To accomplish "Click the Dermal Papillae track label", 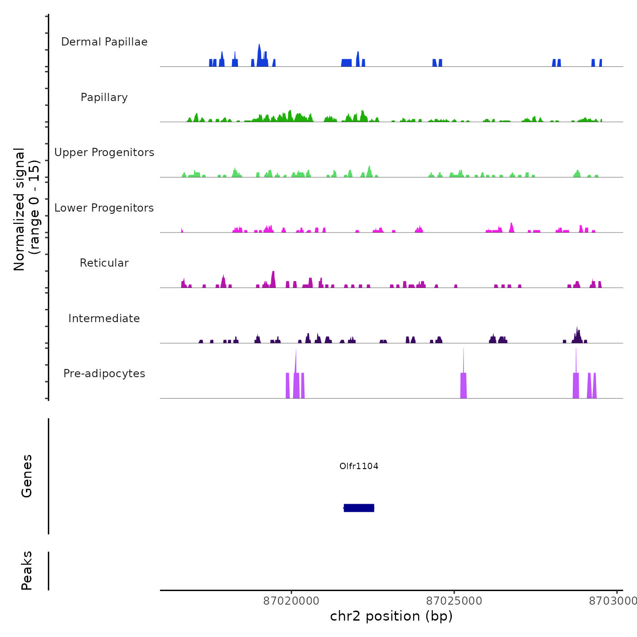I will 104,42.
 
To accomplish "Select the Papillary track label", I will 104,97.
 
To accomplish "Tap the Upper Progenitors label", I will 104,152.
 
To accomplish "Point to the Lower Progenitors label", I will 104,208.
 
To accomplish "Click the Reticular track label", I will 104,263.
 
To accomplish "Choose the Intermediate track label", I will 104,318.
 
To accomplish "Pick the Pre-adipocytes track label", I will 104,374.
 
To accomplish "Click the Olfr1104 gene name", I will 359,466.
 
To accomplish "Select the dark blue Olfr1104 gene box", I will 359,508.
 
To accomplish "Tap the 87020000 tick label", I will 292,601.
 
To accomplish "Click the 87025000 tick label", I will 454,601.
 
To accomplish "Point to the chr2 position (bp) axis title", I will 391,616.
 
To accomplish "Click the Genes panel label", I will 27,476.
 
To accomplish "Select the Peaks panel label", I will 27,571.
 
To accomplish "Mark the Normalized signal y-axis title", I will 26,209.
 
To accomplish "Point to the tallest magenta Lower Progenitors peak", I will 511,227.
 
